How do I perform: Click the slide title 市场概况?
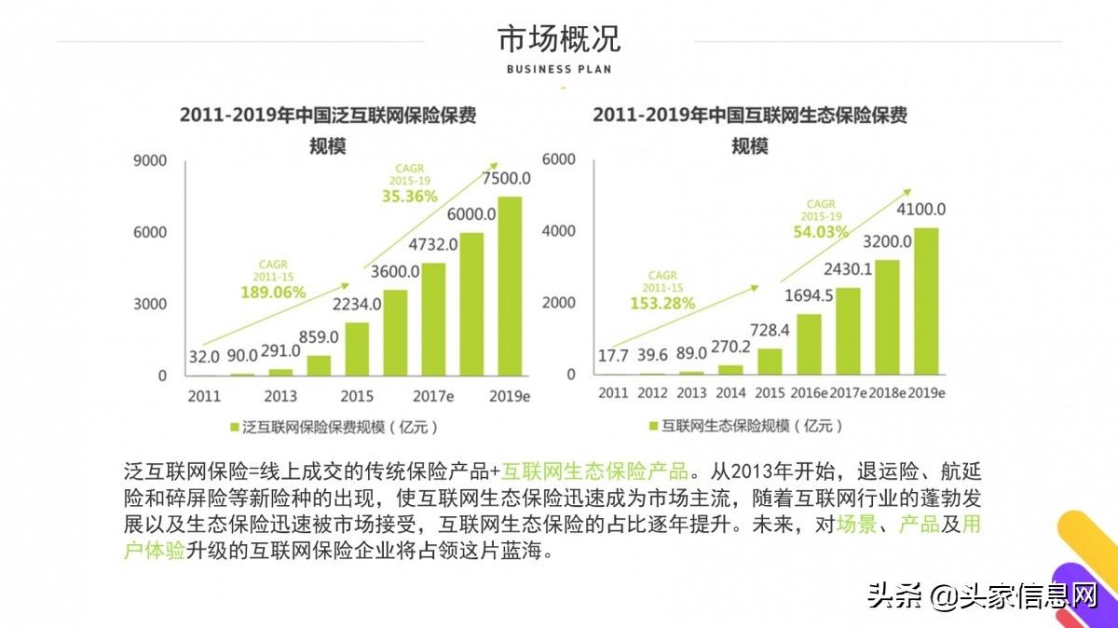(559, 39)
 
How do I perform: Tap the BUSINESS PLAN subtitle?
(559, 69)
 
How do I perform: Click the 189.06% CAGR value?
(273, 292)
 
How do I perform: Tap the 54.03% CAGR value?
(820, 232)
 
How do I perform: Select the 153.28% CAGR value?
(662, 303)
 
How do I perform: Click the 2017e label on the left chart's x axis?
(433, 396)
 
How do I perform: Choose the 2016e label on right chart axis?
(809, 392)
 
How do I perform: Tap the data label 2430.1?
(847, 269)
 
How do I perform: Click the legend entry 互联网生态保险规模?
(745, 426)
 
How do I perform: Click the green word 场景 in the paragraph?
(855, 524)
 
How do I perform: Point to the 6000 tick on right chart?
(559, 159)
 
